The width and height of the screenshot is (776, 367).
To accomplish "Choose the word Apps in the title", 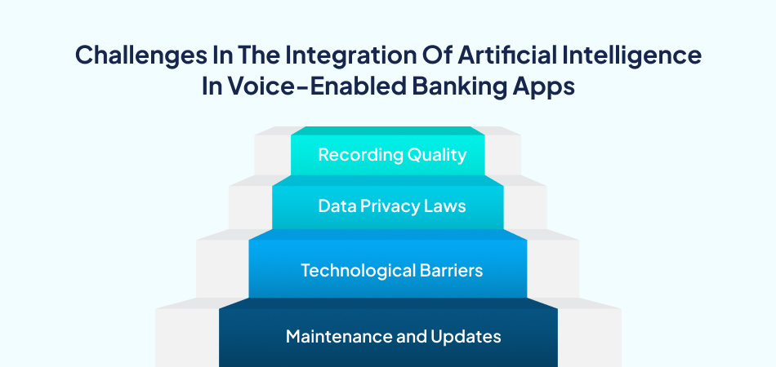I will (x=546, y=87).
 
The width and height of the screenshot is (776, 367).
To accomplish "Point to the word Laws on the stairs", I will (x=444, y=206).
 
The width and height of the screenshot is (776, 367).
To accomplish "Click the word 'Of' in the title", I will (x=415, y=56).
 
